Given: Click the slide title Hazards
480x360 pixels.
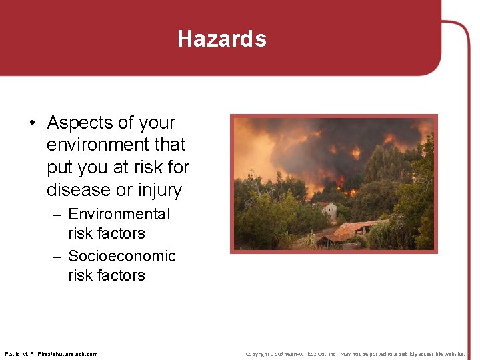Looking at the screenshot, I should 221,39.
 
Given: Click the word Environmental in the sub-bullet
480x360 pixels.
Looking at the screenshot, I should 119,214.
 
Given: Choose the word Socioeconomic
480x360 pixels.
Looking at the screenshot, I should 122,256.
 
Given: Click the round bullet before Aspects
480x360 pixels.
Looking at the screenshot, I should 32,123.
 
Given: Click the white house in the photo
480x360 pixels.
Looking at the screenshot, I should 328,210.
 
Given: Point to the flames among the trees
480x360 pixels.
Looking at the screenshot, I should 341,181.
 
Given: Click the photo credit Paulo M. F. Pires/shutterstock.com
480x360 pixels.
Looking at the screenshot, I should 51,354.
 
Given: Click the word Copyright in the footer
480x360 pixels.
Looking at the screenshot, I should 258,354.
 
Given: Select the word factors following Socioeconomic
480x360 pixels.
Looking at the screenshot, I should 107,275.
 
